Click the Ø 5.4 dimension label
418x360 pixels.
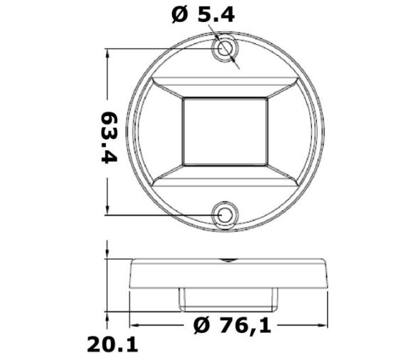pyautogui.click(x=203, y=15)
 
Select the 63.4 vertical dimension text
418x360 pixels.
pyautogui.click(x=109, y=137)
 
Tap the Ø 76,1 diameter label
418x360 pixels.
pyautogui.click(x=232, y=326)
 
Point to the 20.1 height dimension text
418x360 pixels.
pyautogui.click(x=113, y=344)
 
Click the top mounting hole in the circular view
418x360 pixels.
pyautogui.click(x=225, y=48)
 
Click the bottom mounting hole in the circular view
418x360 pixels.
pyautogui.click(x=225, y=215)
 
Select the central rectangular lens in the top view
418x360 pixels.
pyautogui.click(x=225, y=132)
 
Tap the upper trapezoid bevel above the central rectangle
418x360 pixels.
pyautogui.click(x=225, y=88)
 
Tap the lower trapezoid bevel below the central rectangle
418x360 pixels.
pyautogui.click(x=225, y=176)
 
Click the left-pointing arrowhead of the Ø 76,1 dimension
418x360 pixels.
pyautogui.click(x=135, y=325)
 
